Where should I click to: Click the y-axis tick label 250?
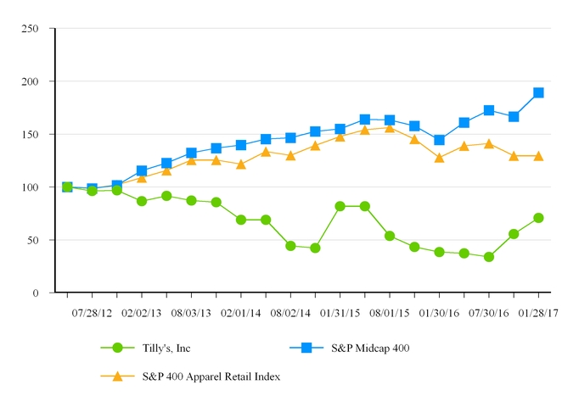click(31, 28)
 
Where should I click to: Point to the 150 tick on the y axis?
click(31, 134)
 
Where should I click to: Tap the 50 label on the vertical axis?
click(33, 240)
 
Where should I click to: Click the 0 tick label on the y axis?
click(36, 293)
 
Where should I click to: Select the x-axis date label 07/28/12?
click(92, 312)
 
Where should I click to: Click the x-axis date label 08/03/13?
click(191, 312)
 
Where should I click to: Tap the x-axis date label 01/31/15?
click(340, 312)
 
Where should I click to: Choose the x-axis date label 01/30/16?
click(439, 312)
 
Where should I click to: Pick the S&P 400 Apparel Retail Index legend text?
click(211, 376)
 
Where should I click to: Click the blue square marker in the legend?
click(305, 348)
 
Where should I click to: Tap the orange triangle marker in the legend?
click(117, 376)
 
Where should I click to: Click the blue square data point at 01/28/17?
click(538, 92)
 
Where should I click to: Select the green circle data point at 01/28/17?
click(538, 218)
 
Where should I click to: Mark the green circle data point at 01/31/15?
click(340, 206)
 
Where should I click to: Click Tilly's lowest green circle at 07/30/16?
click(489, 257)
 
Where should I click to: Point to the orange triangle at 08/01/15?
click(390, 127)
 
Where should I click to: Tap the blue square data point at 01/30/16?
click(439, 140)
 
